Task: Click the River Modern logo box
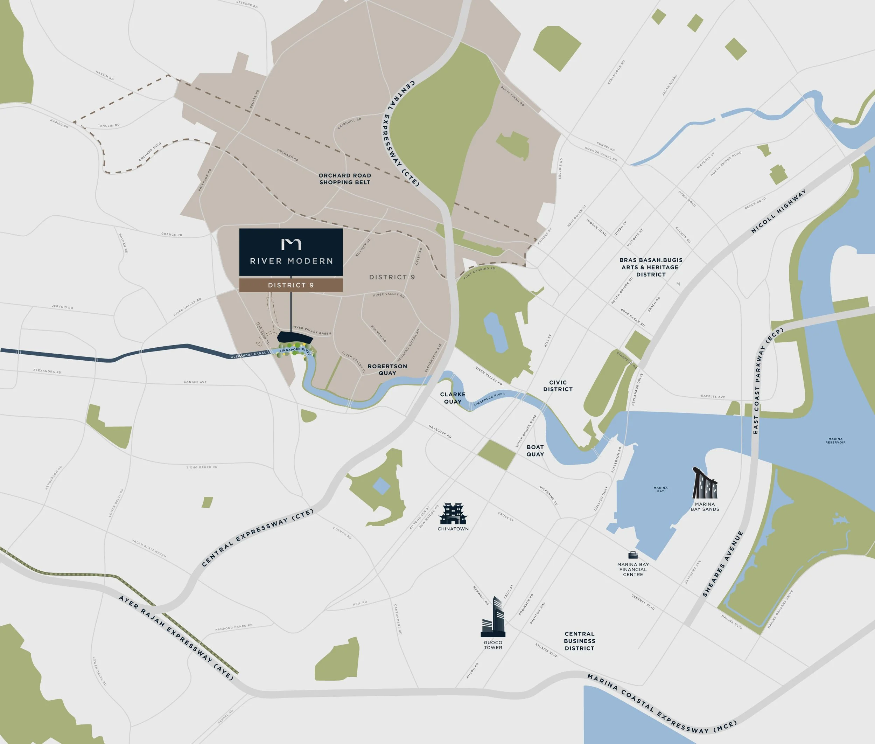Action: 291,252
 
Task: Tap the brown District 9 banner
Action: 291,285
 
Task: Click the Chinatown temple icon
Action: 453,514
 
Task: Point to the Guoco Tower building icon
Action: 493,618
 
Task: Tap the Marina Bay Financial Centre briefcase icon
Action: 633,555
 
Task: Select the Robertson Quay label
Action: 387,369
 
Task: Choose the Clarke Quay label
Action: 453,398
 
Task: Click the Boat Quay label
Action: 535,451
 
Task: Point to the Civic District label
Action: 558,386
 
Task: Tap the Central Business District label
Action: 579,641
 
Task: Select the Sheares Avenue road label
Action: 723,564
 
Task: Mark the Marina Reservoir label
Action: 835,440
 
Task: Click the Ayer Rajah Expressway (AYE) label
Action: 176,637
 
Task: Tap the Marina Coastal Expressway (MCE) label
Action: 662,704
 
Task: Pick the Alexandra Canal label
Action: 249,355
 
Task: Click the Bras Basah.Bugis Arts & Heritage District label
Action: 651,267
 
